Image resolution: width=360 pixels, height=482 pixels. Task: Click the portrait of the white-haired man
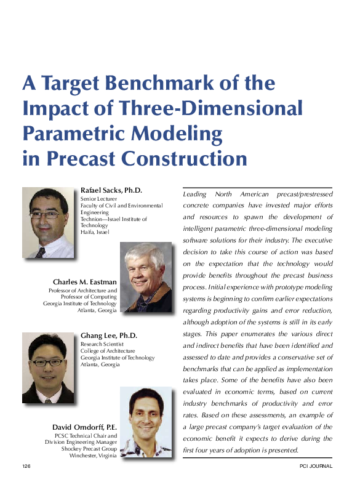coord(145,277)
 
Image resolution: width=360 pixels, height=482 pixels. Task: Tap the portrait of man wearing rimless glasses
coord(48,222)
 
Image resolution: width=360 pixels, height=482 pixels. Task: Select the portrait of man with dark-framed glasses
coord(48,368)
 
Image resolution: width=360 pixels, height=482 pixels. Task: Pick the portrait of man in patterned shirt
coord(145,422)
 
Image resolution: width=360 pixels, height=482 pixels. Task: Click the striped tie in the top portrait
coord(41,252)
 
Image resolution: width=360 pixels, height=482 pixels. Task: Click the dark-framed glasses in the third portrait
coord(47,363)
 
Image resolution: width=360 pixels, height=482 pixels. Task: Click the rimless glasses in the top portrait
coord(46,215)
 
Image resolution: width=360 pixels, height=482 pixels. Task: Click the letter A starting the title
coord(28,84)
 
